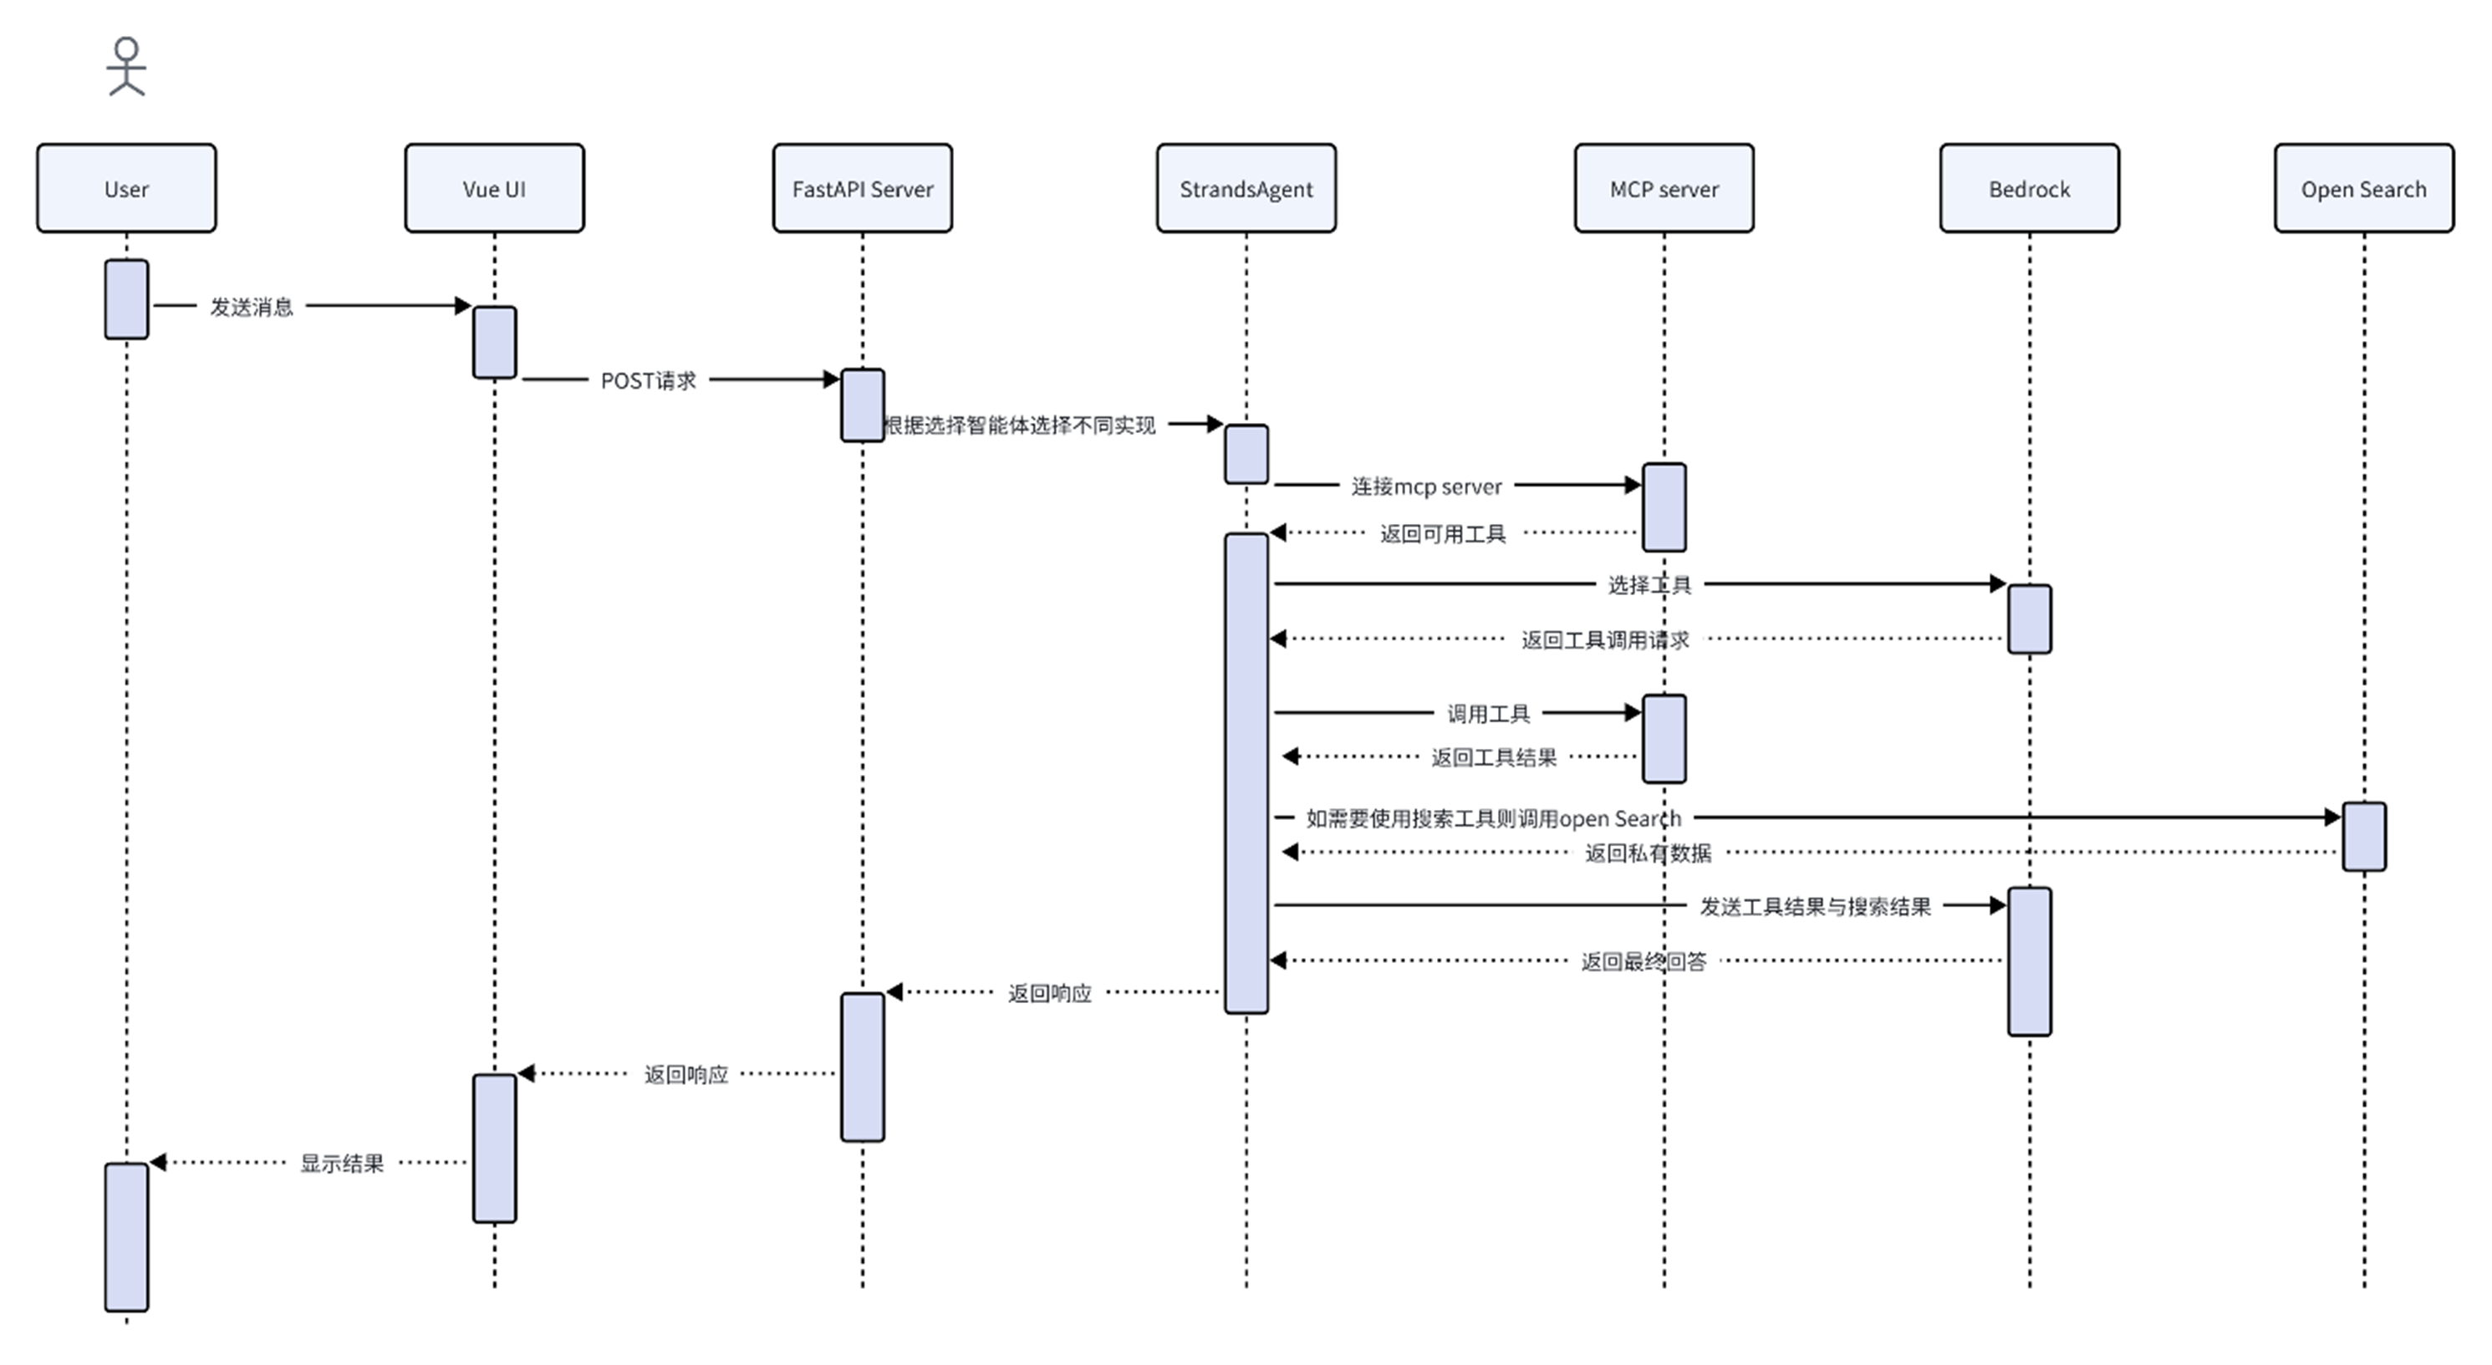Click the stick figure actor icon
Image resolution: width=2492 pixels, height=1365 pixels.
coord(127,67)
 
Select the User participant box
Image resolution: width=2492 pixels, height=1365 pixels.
coord(127,189)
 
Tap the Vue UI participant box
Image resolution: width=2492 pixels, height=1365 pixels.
coord(494,189)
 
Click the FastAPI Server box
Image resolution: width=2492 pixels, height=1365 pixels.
coord(862,189)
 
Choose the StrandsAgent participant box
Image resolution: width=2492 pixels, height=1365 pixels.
coord(1246,189)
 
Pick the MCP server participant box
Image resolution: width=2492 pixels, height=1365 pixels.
coord(1664,189)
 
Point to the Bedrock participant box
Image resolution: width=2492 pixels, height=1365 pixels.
coord(2030,189)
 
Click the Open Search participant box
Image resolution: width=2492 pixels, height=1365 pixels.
coord(2363,189)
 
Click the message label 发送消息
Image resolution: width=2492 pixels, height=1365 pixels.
coord(252,307)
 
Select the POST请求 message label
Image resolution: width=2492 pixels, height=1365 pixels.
coord(648,380)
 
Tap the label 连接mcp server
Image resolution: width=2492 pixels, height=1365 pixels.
coord(1426,486)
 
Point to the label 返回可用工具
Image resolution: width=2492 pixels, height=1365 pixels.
coord(1442,534)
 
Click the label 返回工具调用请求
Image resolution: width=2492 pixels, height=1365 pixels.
coord(1605,639)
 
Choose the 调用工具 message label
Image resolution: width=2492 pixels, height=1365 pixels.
coord(1488,714)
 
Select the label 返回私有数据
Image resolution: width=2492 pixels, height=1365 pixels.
coord(1648,853)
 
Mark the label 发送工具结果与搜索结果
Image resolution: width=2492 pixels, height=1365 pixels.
coord(1815,906)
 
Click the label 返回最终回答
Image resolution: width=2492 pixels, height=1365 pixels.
coord(1643,961)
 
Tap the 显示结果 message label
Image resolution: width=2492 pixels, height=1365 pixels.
coord(341,1164)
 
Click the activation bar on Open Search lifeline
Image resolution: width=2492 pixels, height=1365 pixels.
coord(2363,836)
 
